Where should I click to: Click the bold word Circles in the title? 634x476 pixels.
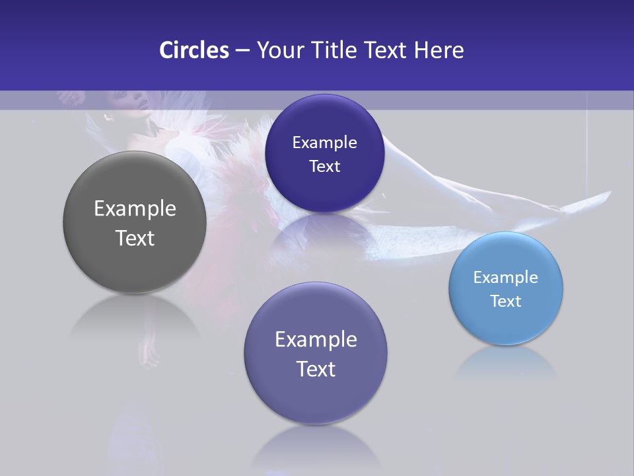(194, 50)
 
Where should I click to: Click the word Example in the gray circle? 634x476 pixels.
(135, 209)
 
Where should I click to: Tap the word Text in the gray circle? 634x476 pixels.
(135, 238)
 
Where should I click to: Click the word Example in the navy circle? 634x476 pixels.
(325, 143)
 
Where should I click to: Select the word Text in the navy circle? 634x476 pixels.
(325, 166)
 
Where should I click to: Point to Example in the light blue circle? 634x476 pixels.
(506, 278)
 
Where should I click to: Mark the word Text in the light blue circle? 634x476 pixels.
(506, 301)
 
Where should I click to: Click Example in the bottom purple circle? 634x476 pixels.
(316, 340)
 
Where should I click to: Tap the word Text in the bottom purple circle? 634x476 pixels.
(316, 369)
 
